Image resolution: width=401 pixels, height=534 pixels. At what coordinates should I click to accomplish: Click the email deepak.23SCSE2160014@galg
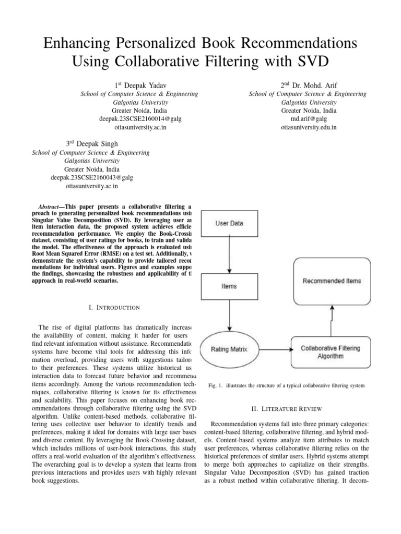(139, 119)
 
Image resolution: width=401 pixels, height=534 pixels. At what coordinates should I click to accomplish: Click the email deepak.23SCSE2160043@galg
(91, 177)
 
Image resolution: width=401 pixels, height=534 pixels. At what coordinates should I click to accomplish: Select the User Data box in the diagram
(229, 224)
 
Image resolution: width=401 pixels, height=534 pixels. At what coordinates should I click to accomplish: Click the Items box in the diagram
(229, 286)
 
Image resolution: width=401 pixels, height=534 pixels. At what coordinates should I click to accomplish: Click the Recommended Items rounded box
(332, 281)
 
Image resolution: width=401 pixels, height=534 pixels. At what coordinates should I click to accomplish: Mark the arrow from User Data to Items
(229, 255)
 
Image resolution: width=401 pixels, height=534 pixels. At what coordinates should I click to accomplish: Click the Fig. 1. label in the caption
(215, 385)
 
